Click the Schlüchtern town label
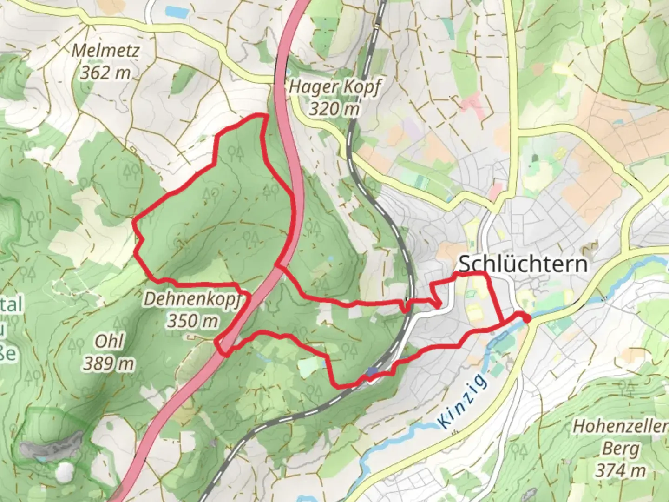(523, 264)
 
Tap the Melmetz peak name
(105, 50)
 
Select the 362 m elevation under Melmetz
(105, 72)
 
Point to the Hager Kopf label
(334, 87)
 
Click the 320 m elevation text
(334, 109)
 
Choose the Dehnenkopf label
(192, 299)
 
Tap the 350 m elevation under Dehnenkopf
(192, 321)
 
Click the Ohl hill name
(109, 342)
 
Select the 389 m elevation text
(109, 363)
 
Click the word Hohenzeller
(620, 426)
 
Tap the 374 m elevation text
(621, 470)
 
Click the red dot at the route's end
(526, 318)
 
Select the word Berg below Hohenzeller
(621, 449)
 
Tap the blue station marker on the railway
(372, 371)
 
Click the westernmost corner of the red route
(134, 222)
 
